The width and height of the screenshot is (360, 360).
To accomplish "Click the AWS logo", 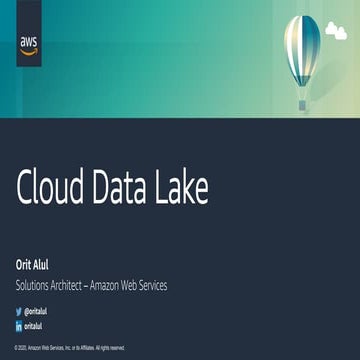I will [29, 44].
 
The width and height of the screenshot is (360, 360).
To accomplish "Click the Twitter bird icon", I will [18, 311].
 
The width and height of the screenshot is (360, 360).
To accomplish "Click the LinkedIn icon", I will [18, 326].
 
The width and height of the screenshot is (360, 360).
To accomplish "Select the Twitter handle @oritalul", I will [36, 311].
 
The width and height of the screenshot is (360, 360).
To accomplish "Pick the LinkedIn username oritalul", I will [34, 326].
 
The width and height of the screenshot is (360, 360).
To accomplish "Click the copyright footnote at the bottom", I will [70, 348].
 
